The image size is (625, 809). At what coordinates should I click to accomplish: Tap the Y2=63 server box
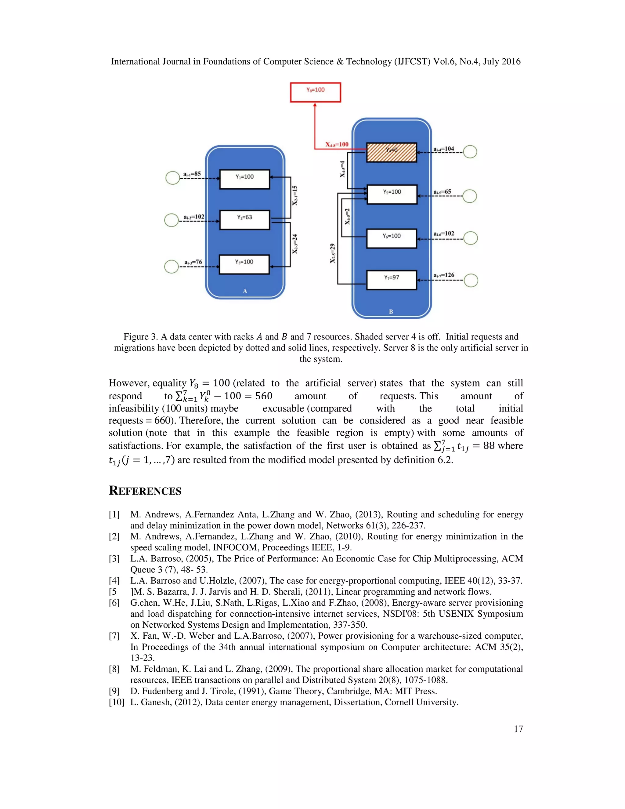point(244,220)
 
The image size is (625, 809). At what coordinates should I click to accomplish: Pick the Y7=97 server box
point(391,280)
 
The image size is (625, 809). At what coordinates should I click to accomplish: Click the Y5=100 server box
point(392,194)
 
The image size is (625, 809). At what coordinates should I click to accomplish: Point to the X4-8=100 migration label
point(337,144)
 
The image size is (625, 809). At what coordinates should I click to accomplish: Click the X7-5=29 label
point(333,253)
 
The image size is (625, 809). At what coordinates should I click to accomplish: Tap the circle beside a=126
point(471,281)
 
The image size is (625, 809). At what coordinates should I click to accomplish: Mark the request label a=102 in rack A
point(194,217)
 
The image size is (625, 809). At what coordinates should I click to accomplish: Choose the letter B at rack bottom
point(391,312)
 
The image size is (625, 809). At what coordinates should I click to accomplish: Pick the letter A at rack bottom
point(245,291)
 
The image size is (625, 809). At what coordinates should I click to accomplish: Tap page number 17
point(518,729)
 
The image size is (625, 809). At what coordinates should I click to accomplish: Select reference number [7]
point(114,636)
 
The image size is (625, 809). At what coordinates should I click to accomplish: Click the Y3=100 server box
point(244,264)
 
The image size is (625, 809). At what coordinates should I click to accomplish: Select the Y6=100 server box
point(391,238)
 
